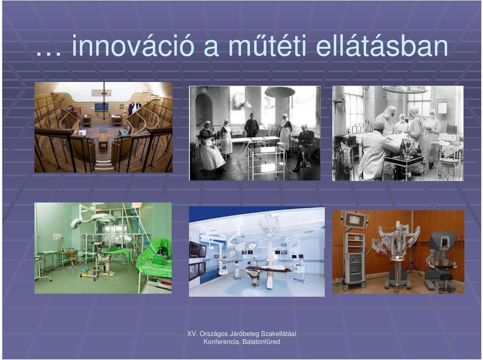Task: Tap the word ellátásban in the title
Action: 382,46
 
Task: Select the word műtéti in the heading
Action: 267,46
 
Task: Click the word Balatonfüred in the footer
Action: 261,342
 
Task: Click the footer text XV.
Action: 192,334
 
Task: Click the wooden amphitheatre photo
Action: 104,127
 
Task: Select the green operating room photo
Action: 103,248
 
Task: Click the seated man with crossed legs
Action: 304,148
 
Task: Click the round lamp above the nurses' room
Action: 280,92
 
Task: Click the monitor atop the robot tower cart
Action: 355,220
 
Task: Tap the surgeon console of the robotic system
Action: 441,258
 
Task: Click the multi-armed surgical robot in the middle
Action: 396,252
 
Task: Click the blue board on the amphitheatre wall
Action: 101,107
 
